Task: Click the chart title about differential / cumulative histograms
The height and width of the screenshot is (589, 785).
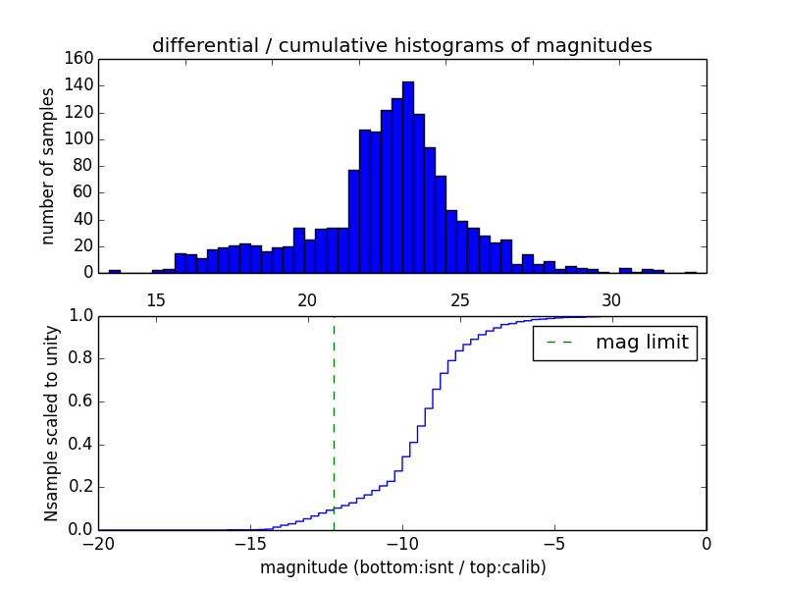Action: tap(401, 45)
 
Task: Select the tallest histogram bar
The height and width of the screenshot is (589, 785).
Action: tap(407, 177)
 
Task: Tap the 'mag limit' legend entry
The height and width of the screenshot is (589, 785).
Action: tap(615, 343)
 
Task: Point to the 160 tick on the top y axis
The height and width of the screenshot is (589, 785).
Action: tap(82, 59)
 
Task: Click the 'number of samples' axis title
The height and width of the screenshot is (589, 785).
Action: tap(48, 165)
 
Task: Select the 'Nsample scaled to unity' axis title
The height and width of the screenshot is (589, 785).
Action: tap(51, 422)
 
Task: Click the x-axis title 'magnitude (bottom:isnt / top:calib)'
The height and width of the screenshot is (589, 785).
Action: tap(402, 567)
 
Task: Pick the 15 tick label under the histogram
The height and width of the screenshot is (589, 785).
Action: tap(156, 300)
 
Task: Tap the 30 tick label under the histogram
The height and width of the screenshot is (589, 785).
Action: tap(611, 300)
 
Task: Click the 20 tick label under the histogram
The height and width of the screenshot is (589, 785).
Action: tap(307, 300)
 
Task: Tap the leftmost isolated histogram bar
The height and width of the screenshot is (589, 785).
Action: tap(115, 271)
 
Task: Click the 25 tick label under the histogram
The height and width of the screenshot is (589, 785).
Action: tap(459, 300)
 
